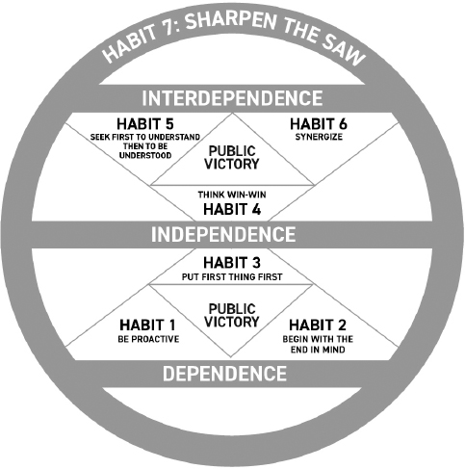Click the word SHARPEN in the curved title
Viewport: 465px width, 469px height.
(231, 21)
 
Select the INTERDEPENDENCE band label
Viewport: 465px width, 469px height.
(232, 98)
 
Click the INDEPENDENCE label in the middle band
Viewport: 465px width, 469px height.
(223, 234)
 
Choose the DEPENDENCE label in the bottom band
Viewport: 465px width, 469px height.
(224, 374)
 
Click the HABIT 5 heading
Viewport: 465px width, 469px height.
(145, 124)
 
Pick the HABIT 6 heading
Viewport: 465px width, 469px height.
(319, 124)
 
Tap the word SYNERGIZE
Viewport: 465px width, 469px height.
(319, 137)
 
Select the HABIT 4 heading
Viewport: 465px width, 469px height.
(232, 209)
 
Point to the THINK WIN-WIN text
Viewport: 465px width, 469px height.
(232, 195)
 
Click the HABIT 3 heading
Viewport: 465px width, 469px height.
(232, 263)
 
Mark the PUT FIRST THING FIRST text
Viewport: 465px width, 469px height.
(232, 276)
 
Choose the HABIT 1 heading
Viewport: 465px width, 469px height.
(147, 325)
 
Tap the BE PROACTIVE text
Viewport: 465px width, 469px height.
(148, 339)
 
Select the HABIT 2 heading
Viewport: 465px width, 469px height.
(318, 325)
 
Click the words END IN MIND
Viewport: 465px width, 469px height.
(318, 350)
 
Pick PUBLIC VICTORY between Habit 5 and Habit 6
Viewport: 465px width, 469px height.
(232, 158)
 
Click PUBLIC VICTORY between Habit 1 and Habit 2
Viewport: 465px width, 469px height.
(232, 316)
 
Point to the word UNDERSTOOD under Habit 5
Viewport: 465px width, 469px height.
(145, 155)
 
